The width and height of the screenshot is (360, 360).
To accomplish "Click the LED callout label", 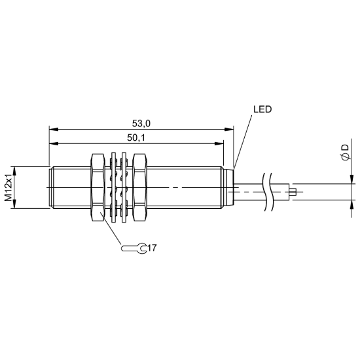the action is (x=262, y=109).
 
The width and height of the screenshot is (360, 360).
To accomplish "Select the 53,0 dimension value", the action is (x=141, y=124).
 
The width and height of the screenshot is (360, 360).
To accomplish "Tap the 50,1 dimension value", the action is (x=136, y=137).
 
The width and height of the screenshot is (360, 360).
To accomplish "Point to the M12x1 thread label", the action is (x=9, y=187).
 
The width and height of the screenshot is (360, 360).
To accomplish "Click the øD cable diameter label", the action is (x=344, y=153).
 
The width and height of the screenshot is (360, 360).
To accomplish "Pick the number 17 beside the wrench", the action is (x=152, y=248).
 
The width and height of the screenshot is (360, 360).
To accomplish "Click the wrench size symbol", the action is (x=134, y=249).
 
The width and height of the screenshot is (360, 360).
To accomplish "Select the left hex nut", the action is (x=98, y=187).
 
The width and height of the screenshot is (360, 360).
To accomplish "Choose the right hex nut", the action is (x=140, y=187).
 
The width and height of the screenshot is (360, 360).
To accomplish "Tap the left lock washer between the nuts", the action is (x=113, y=187).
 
